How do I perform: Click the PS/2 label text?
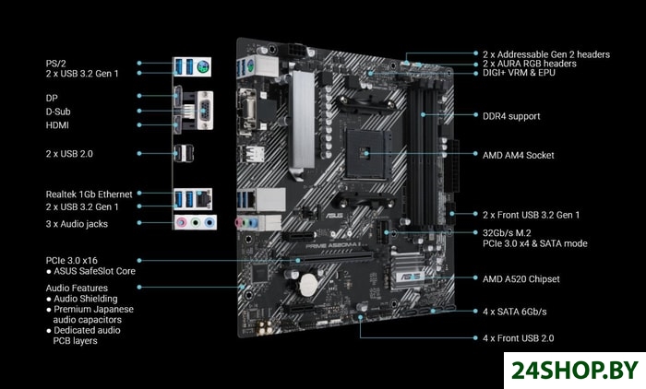point(55,64)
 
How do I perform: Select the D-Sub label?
point(58,112)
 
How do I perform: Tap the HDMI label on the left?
point(57,125)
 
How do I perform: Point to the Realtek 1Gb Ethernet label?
point(89,194)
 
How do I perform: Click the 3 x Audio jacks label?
point(77,224)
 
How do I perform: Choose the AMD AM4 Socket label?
point(519,155)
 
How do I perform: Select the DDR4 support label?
point(511,116)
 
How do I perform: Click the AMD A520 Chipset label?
point(521,279)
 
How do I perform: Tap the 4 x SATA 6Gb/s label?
point(515,312)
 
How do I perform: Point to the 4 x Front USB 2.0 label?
point(519,338)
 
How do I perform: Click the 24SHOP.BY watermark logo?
point(575,371)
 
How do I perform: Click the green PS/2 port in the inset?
point(202,66)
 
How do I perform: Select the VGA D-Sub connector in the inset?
point(205,111)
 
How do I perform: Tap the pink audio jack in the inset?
point(181,223)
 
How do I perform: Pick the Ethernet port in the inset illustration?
point(204,199)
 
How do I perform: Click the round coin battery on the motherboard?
point(308,285)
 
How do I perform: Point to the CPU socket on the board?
point(367,154)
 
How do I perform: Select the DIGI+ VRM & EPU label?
point(519,73)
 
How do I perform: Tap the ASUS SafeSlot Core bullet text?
point(94,271)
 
